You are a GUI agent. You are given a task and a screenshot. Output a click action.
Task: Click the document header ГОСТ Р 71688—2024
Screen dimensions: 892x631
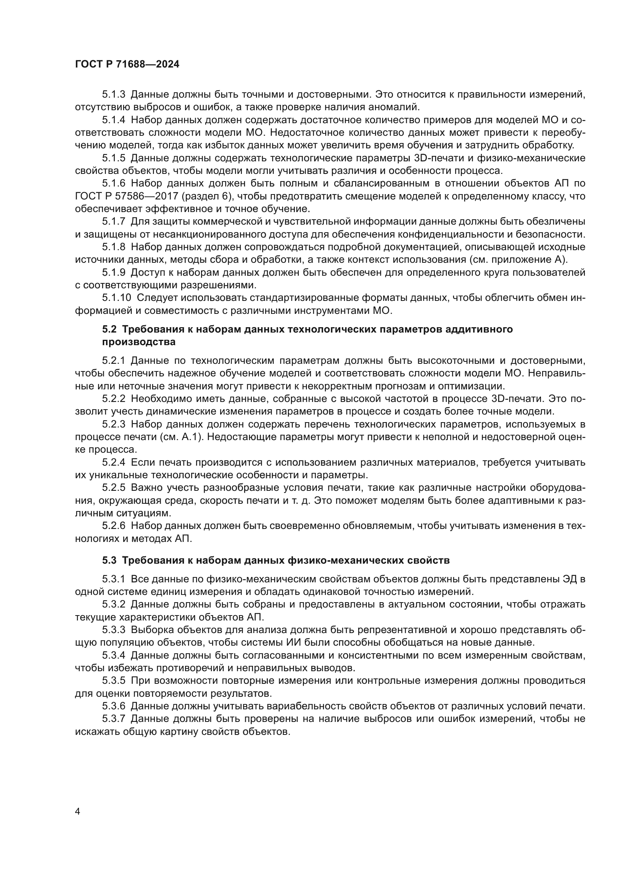click(x=127, y=64)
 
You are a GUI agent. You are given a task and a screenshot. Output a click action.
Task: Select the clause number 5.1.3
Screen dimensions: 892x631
click(x=113, y=95)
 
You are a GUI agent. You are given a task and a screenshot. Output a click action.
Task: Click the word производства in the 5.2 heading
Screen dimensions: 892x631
click(x=139, y=342)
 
